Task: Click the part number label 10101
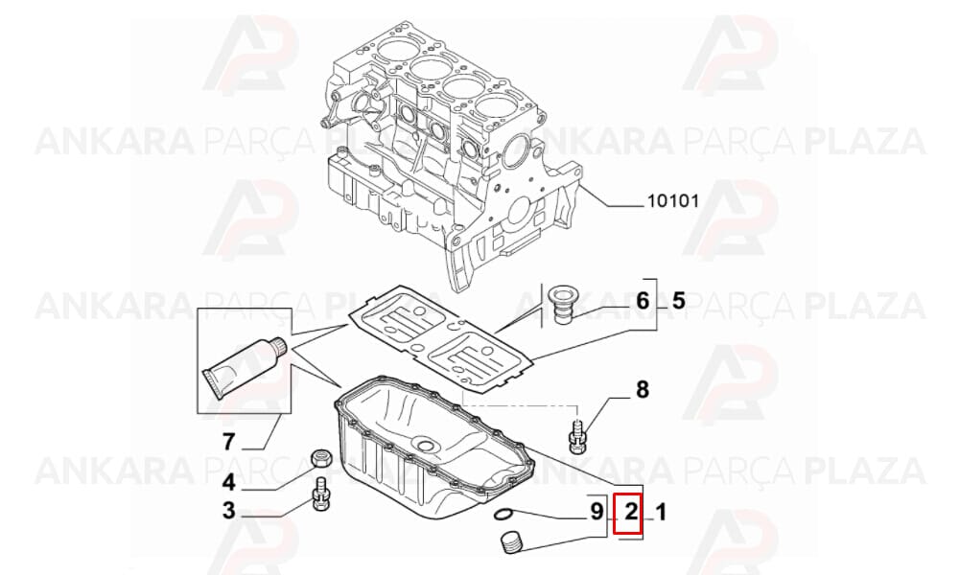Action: point(673,200)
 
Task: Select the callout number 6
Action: point(643,301)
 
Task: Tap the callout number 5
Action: point(678,301)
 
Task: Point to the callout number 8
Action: point(643,389)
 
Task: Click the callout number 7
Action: point(229,441)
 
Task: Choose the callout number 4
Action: point(228,483)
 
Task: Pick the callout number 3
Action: point(228,510)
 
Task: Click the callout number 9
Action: point(596,512)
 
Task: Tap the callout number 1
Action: point(661,512)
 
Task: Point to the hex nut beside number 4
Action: point(321,457)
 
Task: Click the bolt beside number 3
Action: point(321,496)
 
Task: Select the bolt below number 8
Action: point(577,436)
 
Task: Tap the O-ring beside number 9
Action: point(503,516)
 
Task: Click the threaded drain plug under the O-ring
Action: point(510,543)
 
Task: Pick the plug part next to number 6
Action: point(560,305)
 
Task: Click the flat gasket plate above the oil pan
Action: point(440,339)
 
